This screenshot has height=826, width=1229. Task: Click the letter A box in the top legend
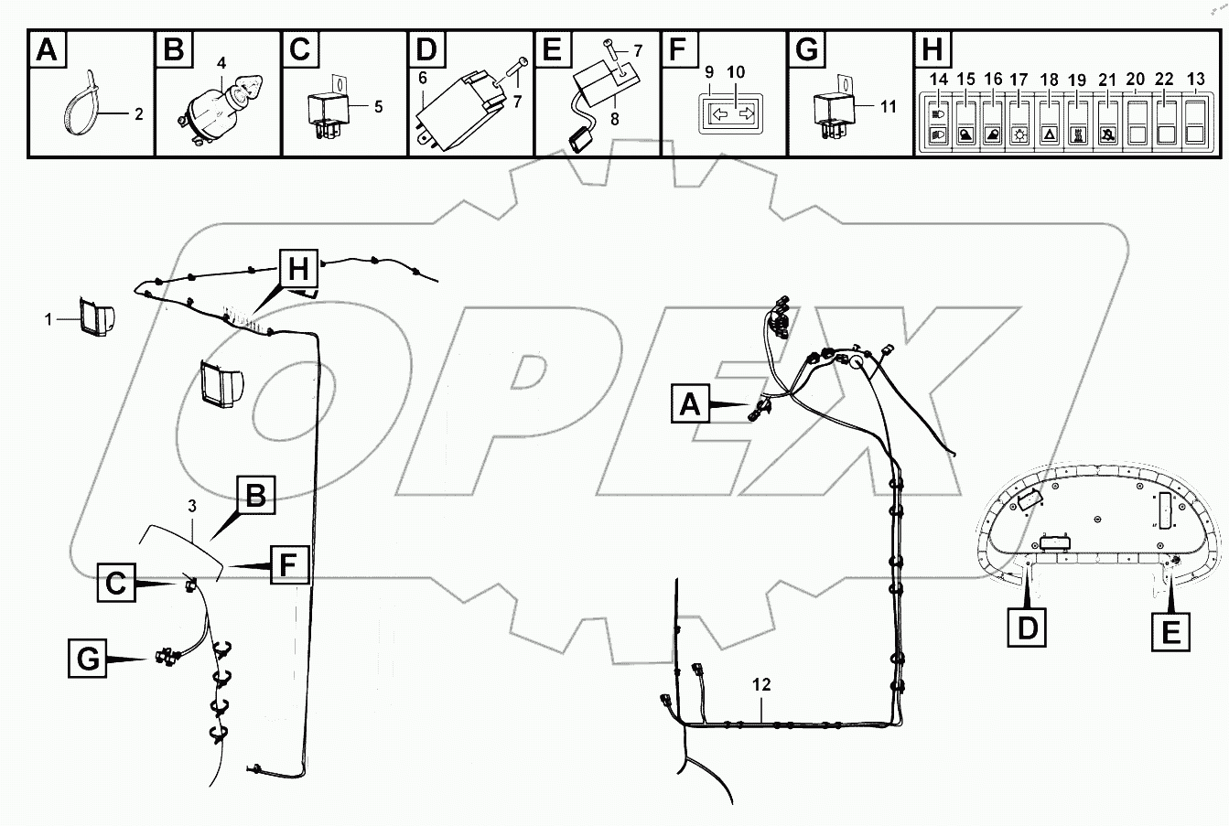point(47,49)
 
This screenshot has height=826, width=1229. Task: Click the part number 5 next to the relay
point(378,106)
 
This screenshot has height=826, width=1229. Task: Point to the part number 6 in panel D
point(423,78)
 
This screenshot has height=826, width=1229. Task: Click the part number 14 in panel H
point(939,80)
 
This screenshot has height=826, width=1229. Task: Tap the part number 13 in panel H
point(1195,80)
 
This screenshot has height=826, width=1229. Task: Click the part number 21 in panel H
point(1107,80)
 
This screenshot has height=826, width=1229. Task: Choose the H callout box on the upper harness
point(298,269)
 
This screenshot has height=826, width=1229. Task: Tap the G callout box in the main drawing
point(88,659)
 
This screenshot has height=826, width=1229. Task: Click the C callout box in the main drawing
point(115,583)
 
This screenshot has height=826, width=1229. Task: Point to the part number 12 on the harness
point(761,684)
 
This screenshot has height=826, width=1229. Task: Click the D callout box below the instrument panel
point(1025,628)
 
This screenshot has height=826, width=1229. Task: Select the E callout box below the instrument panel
point(1170,631)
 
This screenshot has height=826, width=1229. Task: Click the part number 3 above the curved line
point(191,505)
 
